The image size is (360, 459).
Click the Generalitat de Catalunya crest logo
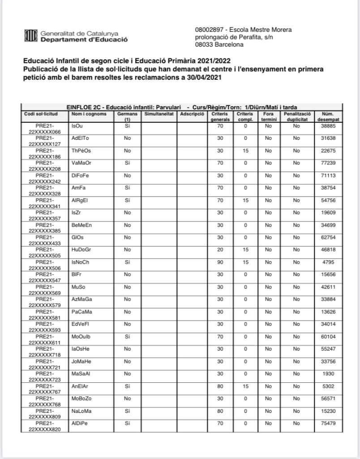30,35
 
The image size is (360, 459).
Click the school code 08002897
209,30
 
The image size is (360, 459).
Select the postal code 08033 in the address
204,45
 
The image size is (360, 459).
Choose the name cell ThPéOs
81,151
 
